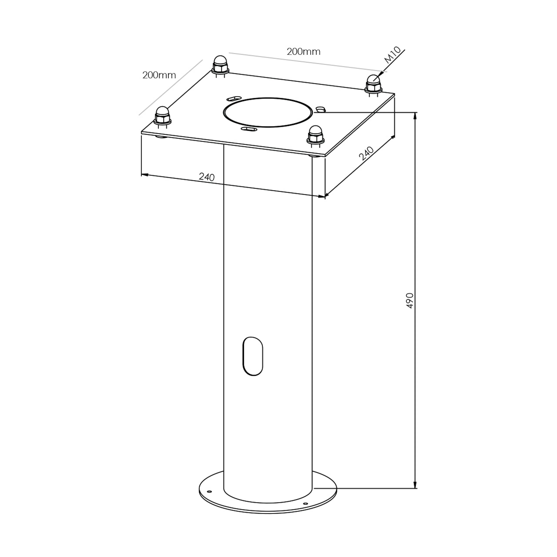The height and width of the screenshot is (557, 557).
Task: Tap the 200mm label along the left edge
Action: [x=159, y=75]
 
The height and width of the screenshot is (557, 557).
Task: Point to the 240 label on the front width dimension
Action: [x=207, y=177]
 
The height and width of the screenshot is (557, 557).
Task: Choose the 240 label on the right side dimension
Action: [x=366, y=153]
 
